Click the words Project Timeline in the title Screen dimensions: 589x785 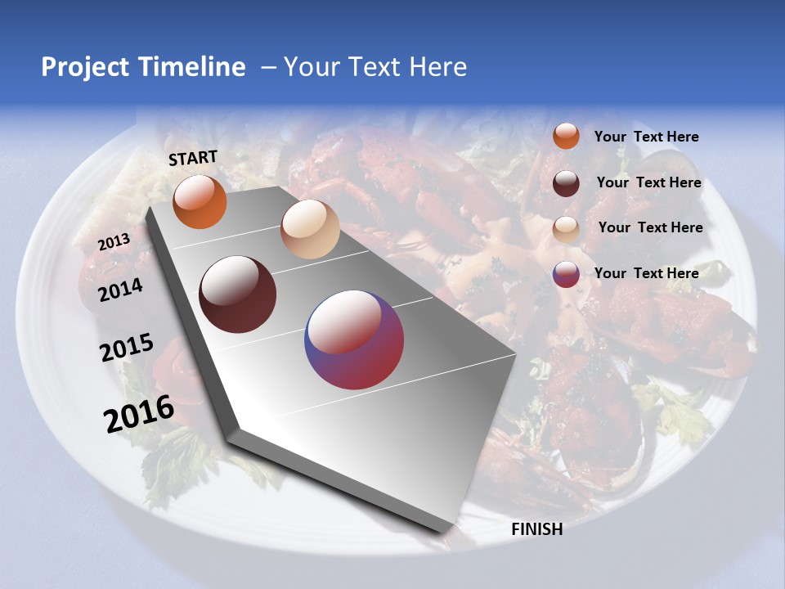143,67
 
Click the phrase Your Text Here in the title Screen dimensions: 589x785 375,67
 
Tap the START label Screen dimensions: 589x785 193,158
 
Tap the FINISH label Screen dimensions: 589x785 537,529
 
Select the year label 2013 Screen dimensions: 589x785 114,241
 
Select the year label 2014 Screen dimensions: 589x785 121,290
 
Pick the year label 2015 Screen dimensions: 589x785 127,348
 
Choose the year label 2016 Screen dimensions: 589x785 139,414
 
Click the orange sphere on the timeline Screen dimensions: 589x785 200,201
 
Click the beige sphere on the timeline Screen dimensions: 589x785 310,229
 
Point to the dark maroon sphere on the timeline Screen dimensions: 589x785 238,294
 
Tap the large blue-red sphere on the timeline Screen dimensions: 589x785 354,339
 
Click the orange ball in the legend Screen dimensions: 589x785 566,136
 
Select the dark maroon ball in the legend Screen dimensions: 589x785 566,183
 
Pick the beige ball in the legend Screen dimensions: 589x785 566,229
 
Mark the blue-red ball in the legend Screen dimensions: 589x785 566,274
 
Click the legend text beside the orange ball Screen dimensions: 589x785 646,137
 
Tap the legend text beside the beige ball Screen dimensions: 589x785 650,227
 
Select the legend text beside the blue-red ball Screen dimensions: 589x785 646,273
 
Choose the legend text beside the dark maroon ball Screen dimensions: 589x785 648,182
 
